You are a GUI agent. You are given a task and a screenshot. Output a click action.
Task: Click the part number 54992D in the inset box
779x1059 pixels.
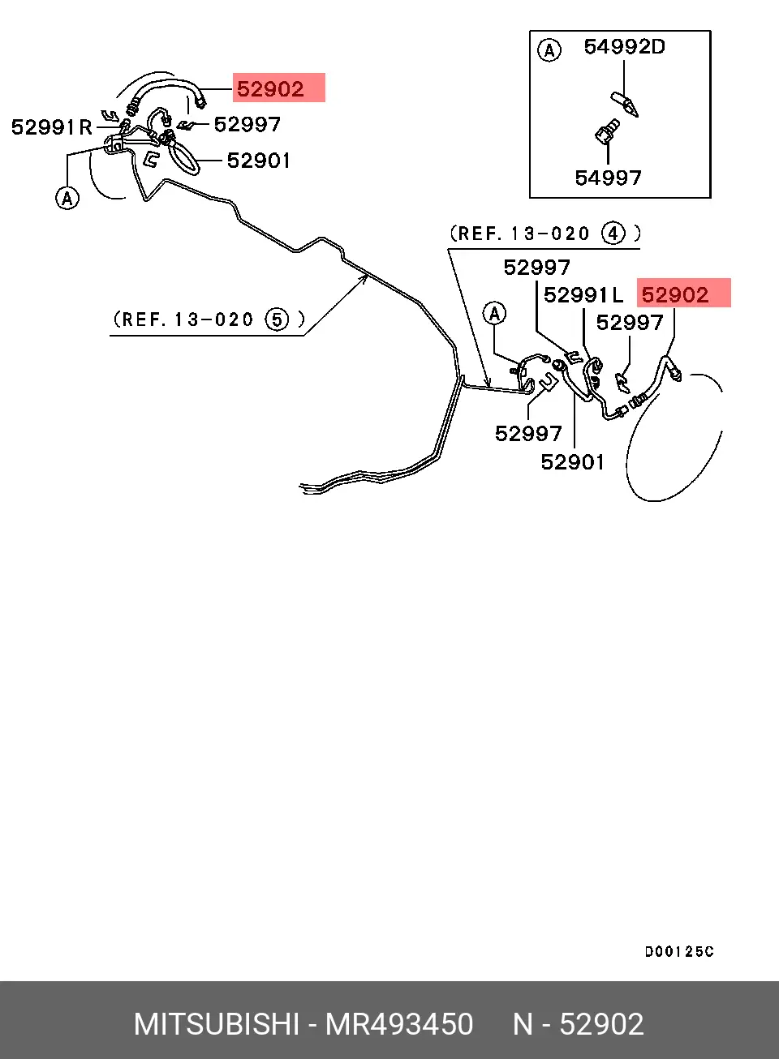pos(624,47)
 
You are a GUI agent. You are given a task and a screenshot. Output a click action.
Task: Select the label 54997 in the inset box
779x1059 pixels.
pos(609,178)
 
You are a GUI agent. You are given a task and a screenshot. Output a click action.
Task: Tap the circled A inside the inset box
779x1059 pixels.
pos(549,49)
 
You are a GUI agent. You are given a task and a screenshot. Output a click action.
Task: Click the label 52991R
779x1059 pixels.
pos(52,127)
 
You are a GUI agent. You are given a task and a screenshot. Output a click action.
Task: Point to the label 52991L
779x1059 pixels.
pos(583,295)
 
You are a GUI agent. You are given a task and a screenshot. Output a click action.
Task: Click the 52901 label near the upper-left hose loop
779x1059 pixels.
pos(258,161)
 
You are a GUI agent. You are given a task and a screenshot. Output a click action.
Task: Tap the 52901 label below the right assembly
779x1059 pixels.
pos(572,462)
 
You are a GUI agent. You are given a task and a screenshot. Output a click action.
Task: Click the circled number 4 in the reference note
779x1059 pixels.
pos(613,234)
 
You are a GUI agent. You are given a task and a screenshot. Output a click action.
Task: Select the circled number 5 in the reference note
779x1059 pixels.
pos(278,320)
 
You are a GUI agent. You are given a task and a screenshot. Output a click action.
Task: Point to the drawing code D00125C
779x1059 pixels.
pos(679,951)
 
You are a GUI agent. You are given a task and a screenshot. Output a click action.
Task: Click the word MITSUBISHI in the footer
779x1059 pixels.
pos(217,1024)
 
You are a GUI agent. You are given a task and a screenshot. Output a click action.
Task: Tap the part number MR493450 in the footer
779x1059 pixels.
pos(399,1024)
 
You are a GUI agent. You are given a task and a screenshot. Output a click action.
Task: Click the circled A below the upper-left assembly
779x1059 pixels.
pos(67,198)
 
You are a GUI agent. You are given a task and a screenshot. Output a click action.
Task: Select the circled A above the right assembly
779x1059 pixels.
pos(495,314)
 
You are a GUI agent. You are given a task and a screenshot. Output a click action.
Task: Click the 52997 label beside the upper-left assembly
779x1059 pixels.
pos(247,125)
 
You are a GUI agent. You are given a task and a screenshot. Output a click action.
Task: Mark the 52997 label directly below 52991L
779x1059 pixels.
pos(630,323)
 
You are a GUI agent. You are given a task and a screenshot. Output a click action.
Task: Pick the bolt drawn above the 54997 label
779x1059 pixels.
pos(607,132)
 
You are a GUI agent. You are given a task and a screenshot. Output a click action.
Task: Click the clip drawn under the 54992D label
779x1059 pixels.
pos(625,104)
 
